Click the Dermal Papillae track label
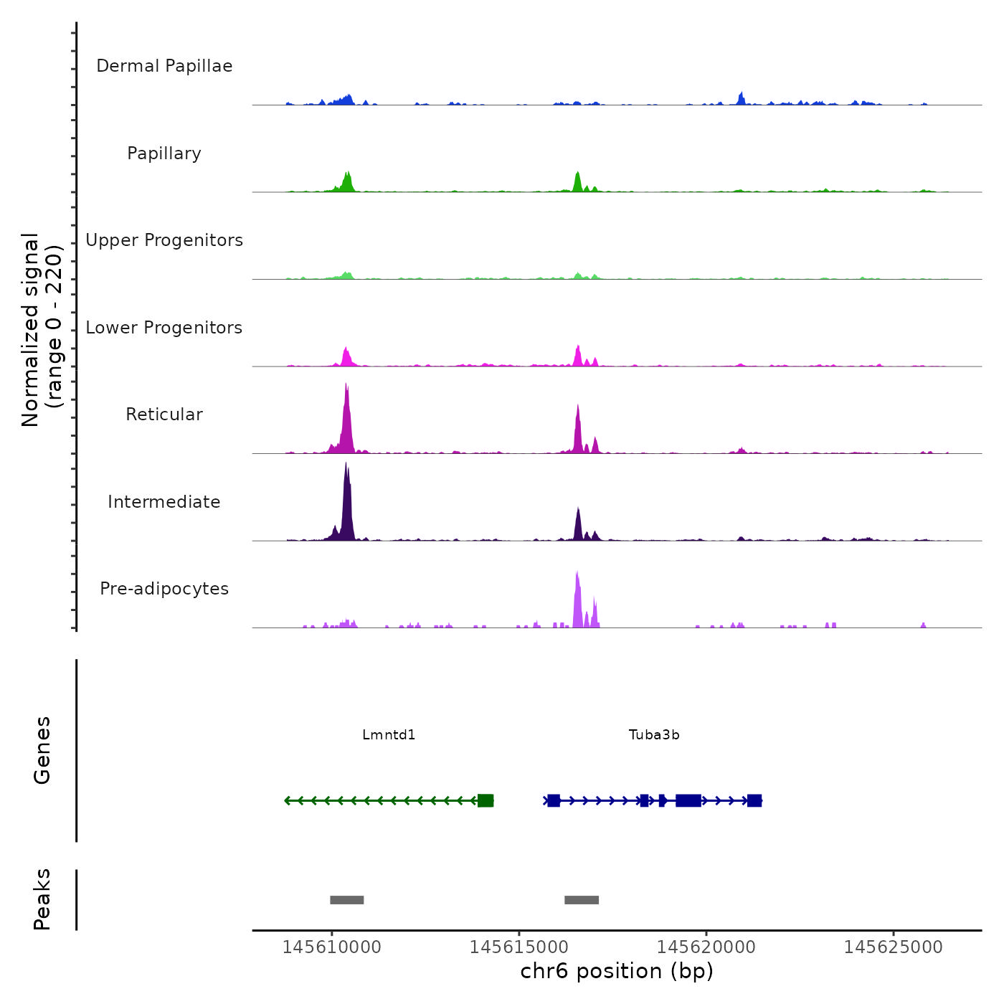[x=164, y=66]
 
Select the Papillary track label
[x=164, y=153]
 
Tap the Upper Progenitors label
[x=164, y=240]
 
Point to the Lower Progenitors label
[x=164, y=328]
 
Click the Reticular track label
[x=164, y=415]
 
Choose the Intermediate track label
[x=164, y=502]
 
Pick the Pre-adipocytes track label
[x=164, y=589]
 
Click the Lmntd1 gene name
[x=389, y=735]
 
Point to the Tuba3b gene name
[x=654, y=735]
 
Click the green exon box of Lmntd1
[x=486, y=800]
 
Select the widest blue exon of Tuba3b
[x=688, y=800]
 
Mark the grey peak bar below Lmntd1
[x=347, y=900]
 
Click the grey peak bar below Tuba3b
[x=582, y=900]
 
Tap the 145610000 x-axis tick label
[x=332, y=947]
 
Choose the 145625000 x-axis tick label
[x=894, y=947]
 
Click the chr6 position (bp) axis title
[x=617, y=972]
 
